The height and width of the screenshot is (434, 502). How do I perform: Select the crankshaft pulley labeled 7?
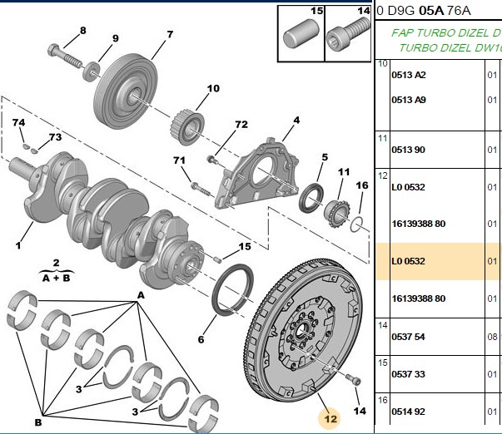click(x=126, y=92)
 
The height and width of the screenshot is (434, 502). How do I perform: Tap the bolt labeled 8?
click(x=64, y=56)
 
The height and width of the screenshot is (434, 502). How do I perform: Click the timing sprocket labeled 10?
click(x=187, y=127)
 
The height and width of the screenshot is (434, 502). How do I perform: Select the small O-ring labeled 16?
click(x=356, y=224)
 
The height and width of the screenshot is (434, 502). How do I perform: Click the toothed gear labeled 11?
click(x=336, y=213)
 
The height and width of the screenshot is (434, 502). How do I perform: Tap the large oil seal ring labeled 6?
click(x=233, y=290)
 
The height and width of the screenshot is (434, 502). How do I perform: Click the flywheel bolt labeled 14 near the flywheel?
click(x=353, y=380)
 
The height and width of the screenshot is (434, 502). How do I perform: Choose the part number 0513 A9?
click(x=409, y=100)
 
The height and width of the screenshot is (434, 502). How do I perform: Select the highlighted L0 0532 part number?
click(x=408, y=261)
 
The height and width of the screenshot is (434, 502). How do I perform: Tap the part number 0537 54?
click(x=408, y=337)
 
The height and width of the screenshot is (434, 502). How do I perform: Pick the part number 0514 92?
click(x=408, y=412)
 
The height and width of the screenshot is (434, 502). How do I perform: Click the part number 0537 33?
click(x=408, y=374)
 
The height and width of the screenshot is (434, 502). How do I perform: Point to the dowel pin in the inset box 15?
click(x=301, y=34)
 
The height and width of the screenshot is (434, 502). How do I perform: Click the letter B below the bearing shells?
click(x=38, y=422)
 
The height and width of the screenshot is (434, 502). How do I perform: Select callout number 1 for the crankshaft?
click(x=18, y=245)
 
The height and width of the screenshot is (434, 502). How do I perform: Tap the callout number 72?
click(x=241, y=124)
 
